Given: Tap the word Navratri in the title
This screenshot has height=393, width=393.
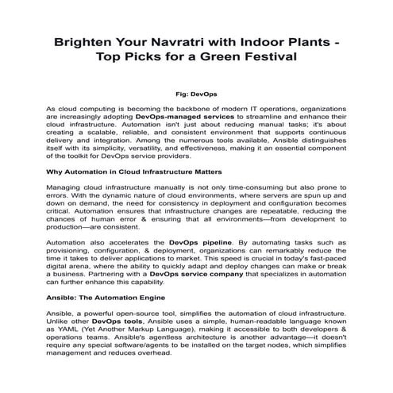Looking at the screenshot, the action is tap(179, 40).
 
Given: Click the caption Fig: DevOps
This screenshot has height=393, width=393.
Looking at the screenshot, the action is tap(195, 94).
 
